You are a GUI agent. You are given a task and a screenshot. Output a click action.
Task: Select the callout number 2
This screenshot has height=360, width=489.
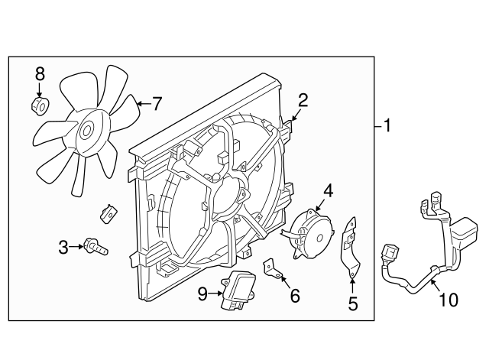(x=303, y=99)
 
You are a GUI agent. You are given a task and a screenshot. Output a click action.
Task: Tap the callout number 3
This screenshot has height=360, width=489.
(x=63, y=246)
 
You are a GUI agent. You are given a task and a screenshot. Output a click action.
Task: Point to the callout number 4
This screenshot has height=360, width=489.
(x=328, y=189)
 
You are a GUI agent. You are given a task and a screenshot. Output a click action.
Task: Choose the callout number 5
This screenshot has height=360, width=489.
(x=352, y=304)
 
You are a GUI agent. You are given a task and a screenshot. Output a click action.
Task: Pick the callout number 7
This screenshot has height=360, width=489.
(x=158, y=102)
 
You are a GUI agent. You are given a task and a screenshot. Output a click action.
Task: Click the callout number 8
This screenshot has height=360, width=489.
(x=40, y=74)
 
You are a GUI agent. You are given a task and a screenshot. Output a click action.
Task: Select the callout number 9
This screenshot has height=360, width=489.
(x=202, y=293)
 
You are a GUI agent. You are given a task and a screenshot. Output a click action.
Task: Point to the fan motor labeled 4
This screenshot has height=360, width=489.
(x=311, y=229)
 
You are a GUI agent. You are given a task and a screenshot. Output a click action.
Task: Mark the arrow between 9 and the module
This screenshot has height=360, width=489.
(x=216, y=293)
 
